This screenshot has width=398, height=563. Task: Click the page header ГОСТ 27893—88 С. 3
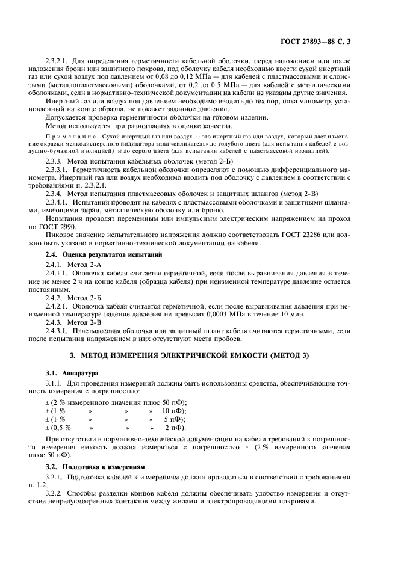(323, 42)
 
